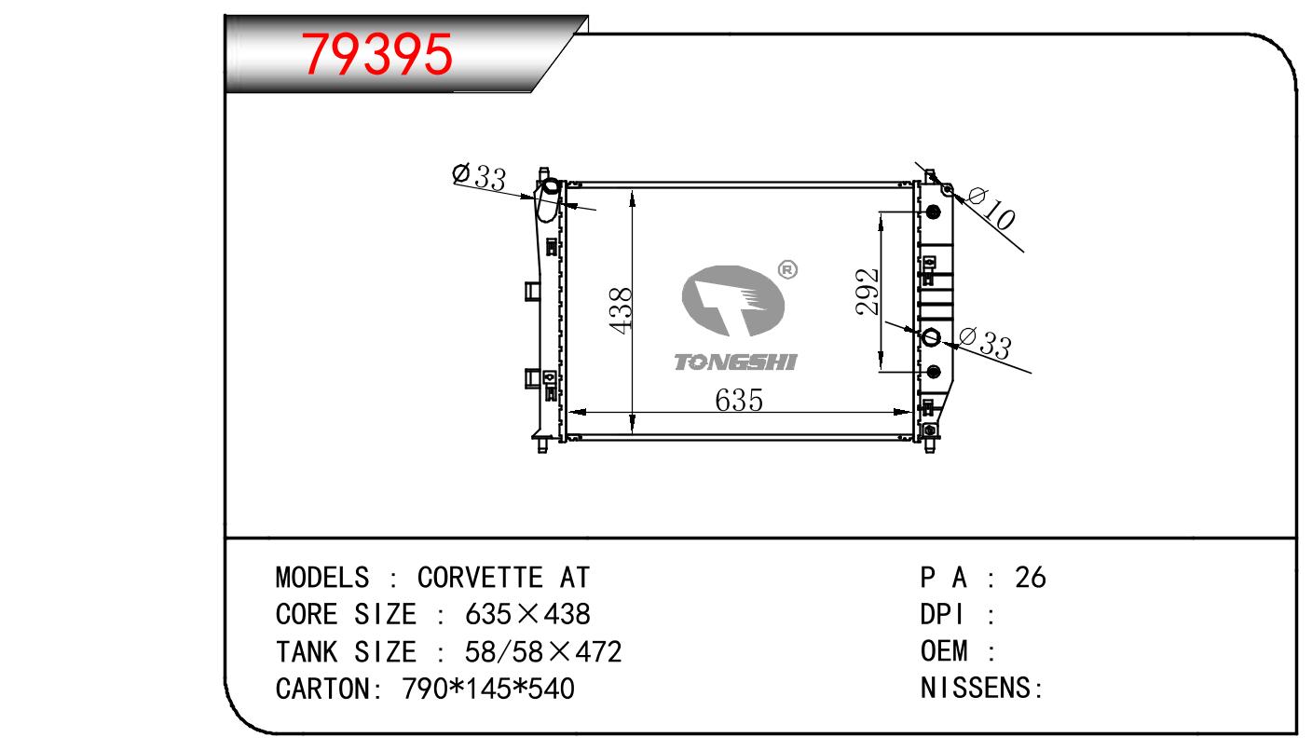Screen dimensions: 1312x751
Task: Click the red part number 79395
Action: (376, 54)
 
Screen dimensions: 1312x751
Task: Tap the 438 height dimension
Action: (621, 310)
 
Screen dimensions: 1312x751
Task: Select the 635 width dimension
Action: (739, 401)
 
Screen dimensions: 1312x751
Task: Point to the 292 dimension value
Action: (868, 292)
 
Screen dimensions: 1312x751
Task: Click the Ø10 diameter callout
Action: (991, 208)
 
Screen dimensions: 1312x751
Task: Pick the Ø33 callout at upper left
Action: (479, 176)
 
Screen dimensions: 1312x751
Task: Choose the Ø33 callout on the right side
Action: (985, 343)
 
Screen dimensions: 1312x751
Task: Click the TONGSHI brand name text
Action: (735, 362)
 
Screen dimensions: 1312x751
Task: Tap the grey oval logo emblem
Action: (732, 301)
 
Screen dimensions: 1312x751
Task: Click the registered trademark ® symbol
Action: (787, 269)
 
